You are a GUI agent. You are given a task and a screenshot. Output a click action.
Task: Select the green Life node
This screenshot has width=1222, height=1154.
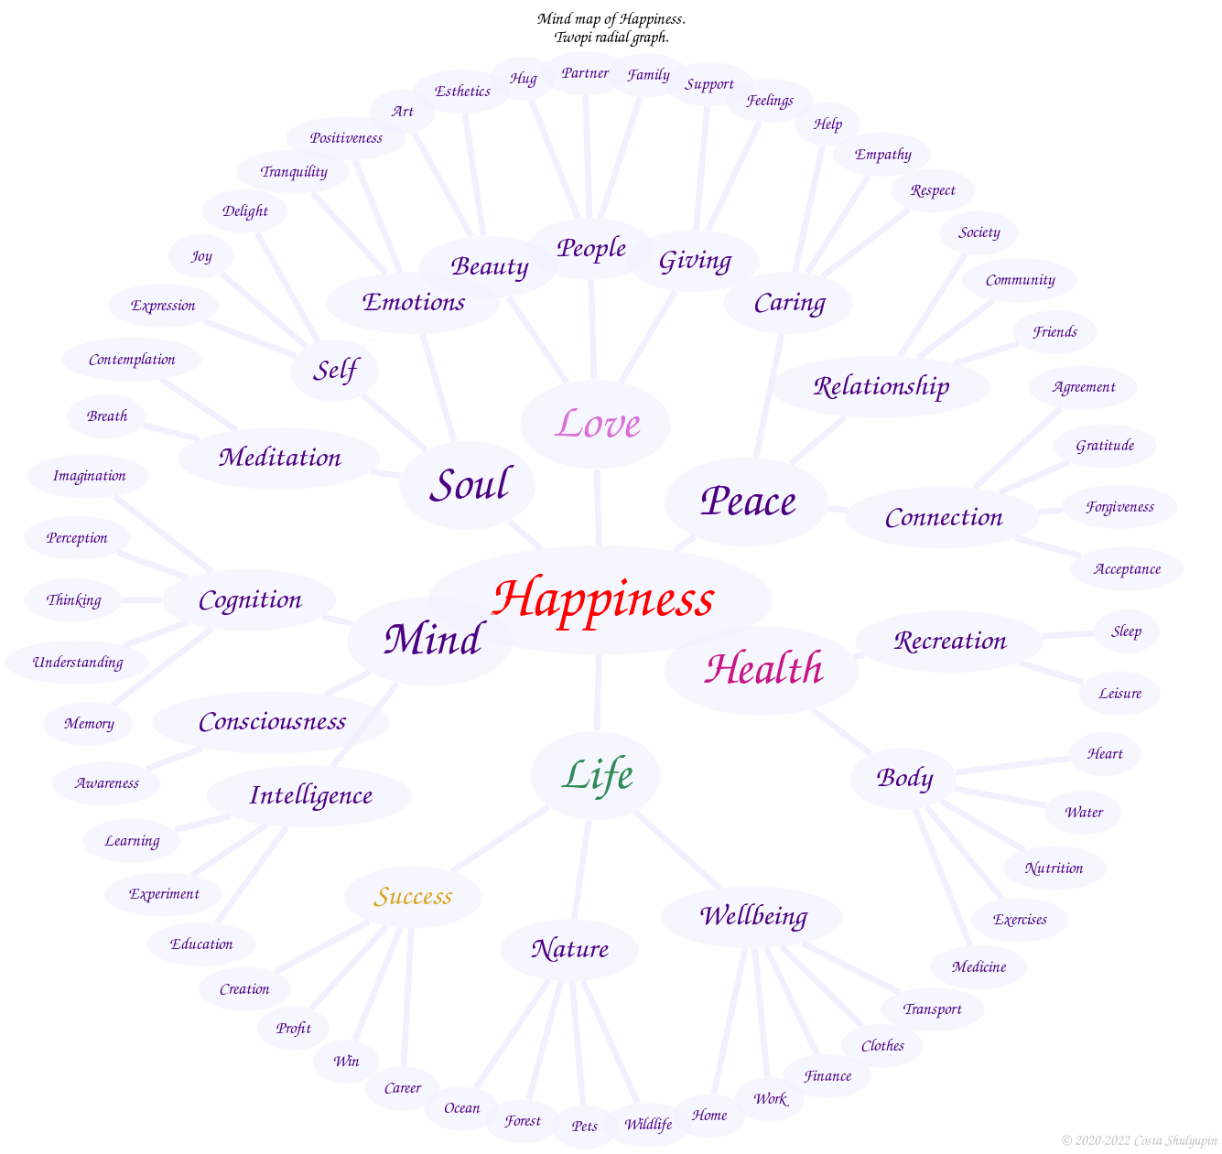point(596,775)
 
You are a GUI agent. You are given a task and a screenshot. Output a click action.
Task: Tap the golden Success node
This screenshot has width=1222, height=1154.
point(413,896)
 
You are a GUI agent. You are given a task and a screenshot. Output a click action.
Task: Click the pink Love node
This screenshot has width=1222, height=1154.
point(596,424)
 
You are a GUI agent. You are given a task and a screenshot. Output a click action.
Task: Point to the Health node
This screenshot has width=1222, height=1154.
point(762,669)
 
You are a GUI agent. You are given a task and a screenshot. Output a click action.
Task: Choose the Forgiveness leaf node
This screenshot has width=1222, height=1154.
point(1119,507)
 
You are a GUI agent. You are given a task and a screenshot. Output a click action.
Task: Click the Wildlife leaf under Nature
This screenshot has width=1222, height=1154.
point(648,1124)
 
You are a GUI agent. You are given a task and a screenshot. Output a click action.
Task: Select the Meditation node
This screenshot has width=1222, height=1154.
point(279,458)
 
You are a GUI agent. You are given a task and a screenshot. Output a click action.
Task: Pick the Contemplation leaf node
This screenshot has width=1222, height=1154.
point(132,360)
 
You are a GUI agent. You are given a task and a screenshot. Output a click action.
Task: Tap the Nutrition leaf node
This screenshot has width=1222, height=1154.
point(1054,868)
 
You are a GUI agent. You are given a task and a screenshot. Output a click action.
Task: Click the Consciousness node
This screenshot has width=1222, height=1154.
point(272,722)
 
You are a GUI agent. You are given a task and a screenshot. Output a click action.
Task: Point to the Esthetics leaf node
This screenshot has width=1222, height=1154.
point(462,92)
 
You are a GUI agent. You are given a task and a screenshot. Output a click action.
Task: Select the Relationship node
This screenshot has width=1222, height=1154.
point(881,386)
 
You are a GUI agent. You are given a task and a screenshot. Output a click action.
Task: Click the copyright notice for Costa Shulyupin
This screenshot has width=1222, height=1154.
point(1139,1140)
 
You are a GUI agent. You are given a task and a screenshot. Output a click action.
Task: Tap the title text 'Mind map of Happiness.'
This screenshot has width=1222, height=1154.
point(611,19)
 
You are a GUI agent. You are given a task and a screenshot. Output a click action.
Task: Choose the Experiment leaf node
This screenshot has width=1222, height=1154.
point(164,894)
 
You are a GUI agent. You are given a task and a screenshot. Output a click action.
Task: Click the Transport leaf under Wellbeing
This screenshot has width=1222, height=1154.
point(932,1009)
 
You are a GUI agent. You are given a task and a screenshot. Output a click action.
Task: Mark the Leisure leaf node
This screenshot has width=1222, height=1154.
point(1119,694)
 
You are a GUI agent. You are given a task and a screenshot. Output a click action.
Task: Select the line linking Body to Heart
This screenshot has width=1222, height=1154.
point(1011,765)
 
